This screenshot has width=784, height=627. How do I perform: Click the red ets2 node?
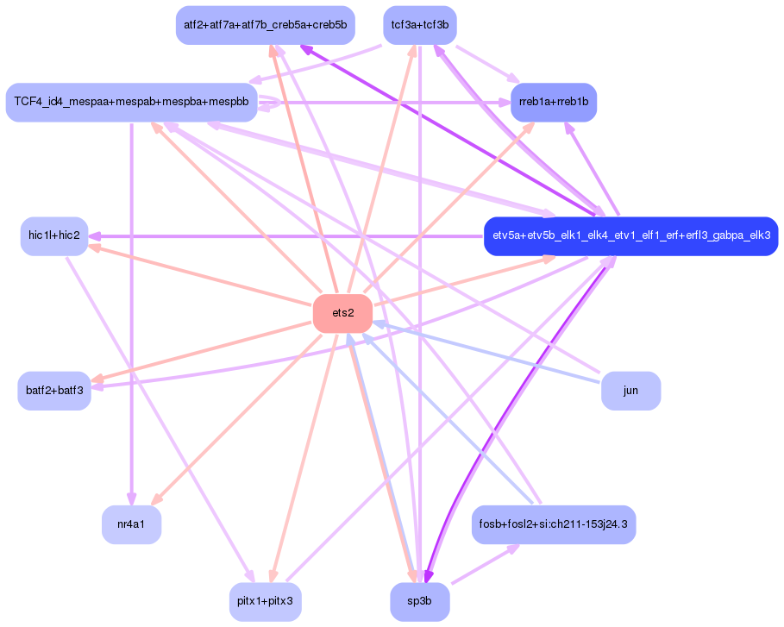pyautogui.click(x=342, y=313)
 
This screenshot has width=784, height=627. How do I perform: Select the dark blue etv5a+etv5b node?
pyautogui.click(x=631, y=235)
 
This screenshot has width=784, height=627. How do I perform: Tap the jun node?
pyautogui.click(x=630, y=391)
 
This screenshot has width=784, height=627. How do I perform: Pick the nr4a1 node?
pyautogui.click(x=132, y=524)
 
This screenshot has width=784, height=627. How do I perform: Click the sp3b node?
pyautogui.click(x=419, y=601)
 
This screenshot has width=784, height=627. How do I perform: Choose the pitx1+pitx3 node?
pyautogui.click(x=266, y=601)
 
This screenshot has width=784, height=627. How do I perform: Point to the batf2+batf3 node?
pyautogui.click(x=54, y=391)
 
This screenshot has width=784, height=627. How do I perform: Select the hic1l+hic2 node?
pyautogui.click(x=54, y=235)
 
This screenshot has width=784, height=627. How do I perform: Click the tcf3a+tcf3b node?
pyautogui.click(x=419, y=25)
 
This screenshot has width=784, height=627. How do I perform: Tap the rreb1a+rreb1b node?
pyautogui.click(x=553, y=102)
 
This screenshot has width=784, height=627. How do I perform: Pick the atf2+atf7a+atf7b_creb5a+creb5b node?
pyautogui.click(x=265, y=25)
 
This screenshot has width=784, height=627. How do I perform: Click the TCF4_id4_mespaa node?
pyautogui.click(x=131, y=102)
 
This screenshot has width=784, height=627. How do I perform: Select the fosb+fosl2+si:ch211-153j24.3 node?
pyautogui.click(x=554, y=524)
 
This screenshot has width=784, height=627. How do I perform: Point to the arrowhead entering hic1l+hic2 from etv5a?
pyautogui.click(x=95, y=235)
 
